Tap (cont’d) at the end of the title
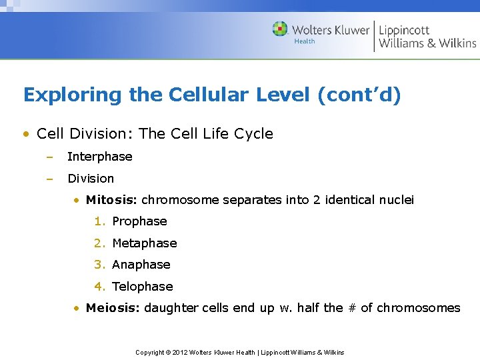click(x=359, y=95)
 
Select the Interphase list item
click(x=100, y=157)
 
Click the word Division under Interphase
click(x=91, y=179)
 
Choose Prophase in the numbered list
click(x=139, y=221)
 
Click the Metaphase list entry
click(x=145, y=243)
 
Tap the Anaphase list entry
click(x=141, y=265)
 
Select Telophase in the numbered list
click(x=143, y=287)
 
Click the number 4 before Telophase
click(x=98, y=287)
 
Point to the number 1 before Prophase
click(x=98, y=221)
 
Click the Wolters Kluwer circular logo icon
click(x=280, y=29)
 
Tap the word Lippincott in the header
click(x=404, y=30)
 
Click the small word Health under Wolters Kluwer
click(x=305, y=41)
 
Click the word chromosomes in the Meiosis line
click(x=419, y=308)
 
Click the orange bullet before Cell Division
click(x=25, y=134)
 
